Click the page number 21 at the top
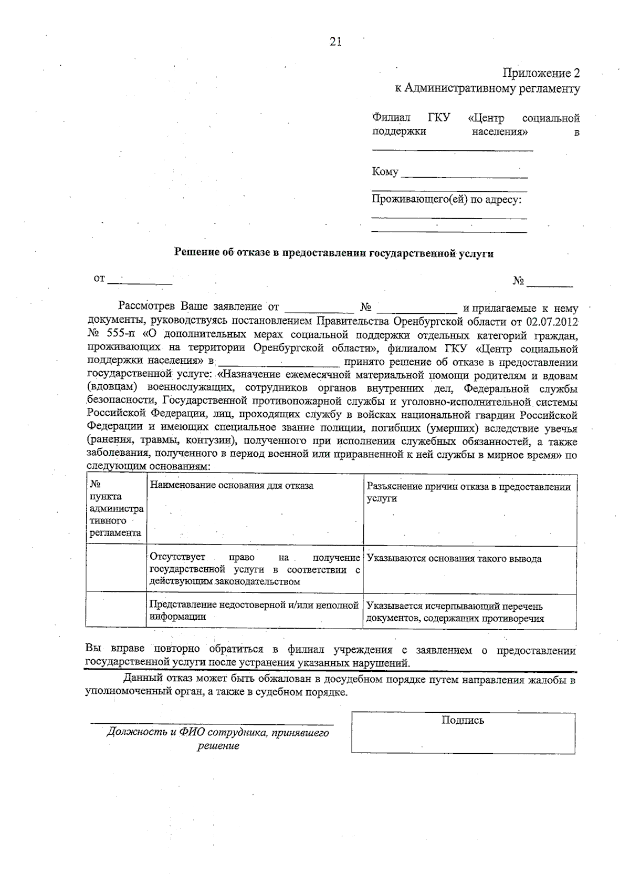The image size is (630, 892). [x=335, y=42]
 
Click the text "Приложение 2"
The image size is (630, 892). [x=541, y=73]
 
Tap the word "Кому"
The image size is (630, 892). [x=385, y=171]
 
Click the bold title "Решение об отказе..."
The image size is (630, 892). [x=334, y=253]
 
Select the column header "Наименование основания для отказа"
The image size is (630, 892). [x=232, y=485]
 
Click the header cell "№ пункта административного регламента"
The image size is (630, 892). [x=115, y=508]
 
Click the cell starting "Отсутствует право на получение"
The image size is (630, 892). [x=255, y=569]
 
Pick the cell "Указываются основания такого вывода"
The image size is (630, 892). [x=454, y=559]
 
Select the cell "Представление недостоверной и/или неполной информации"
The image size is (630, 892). [x=254, y=611]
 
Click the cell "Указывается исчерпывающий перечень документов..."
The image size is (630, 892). [x=455, y=612]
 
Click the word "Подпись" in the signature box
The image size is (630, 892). [x=463, y=721]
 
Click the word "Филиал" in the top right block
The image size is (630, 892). [x=391, y=118]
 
